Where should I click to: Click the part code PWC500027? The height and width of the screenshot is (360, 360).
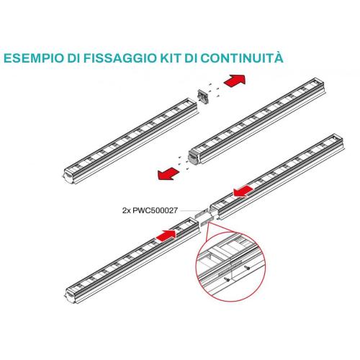pos(155,210)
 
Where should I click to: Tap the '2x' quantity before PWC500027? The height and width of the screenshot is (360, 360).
pos(126,210)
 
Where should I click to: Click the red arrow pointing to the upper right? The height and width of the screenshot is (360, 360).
pos(235,80)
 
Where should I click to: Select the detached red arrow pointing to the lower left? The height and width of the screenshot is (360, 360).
pos(168,174)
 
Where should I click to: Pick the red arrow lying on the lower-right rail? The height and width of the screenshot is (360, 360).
pos(243,191)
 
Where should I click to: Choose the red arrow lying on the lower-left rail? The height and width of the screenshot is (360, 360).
pos(166,235)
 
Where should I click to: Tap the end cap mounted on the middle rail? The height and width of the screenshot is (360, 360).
pos(194,158)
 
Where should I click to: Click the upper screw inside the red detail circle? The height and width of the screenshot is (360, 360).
pos(247,267)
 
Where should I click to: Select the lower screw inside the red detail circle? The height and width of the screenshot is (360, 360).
pos(227,279)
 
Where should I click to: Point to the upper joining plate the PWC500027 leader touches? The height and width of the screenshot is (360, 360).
pos(202,213)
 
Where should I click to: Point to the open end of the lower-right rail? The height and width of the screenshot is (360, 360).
pos(215,211)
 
